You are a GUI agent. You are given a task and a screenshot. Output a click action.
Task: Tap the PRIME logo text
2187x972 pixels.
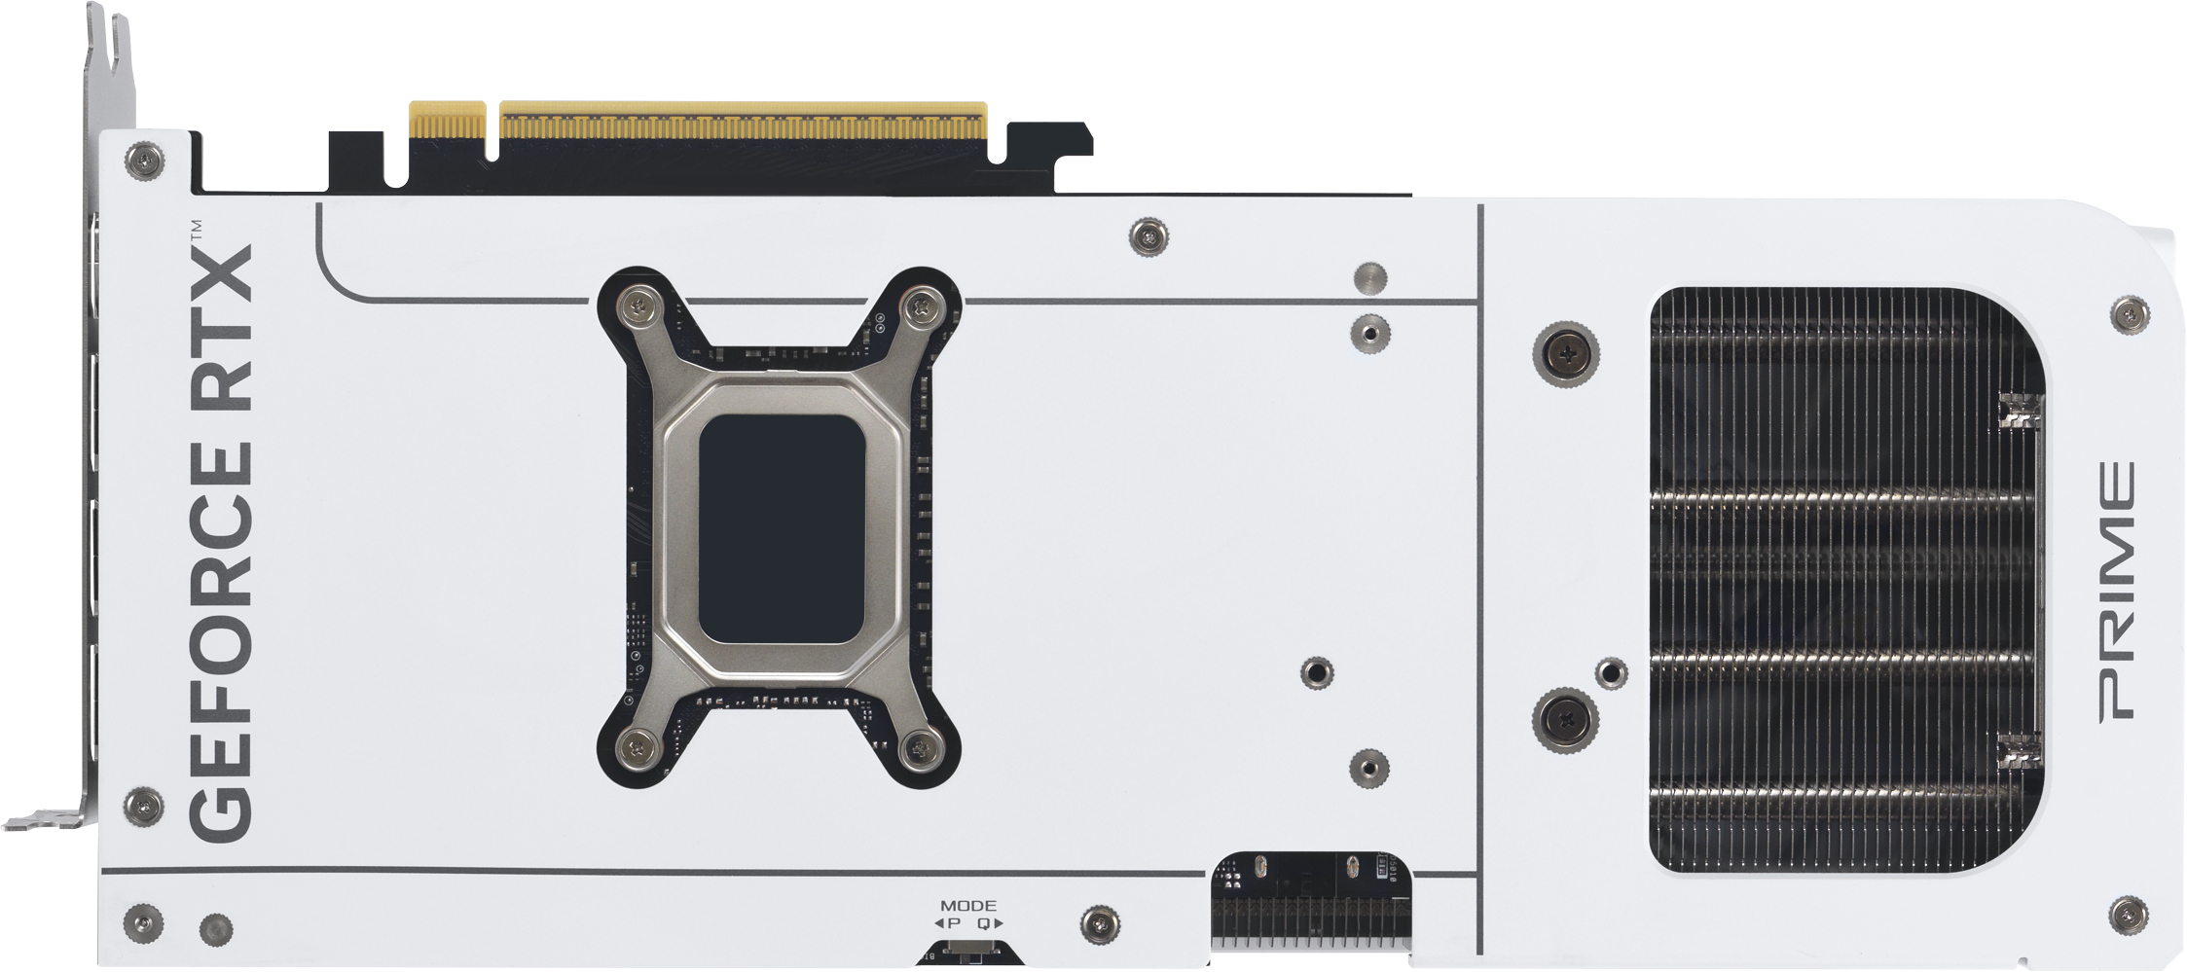pyautogui.click(x=2118, y=591)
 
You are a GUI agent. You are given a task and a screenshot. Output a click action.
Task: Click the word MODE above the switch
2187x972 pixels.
pyautogui.click(x=967, y=906)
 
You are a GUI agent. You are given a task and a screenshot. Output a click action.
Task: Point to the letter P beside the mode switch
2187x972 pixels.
pyautogui.click(x=954, y=923)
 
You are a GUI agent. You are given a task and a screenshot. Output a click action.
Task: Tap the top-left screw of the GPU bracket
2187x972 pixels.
pyautogui.click(x=641, y=308)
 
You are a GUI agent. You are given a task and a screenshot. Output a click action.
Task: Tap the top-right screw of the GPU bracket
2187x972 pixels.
pyautogui.click(x=919, y=308)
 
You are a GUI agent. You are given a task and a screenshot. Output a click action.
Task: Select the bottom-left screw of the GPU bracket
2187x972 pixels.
pyautogui.click(x=637, y=747)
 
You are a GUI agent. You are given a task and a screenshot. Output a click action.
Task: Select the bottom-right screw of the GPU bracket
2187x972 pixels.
pyautogui.click(x=919, y=747)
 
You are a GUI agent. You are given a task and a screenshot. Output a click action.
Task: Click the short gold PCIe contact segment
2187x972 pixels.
pyautogui.click(x=447, y=121)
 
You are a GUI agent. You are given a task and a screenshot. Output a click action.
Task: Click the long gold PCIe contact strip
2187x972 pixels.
pyautogui.click(x=742, y=123)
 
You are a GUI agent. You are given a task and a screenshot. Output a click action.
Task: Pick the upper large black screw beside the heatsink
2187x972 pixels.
pyautogui.click(x=1565, y=354)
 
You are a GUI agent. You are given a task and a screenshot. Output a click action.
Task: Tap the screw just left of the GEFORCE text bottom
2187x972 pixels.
pyautogui.click(x=144, y=805)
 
